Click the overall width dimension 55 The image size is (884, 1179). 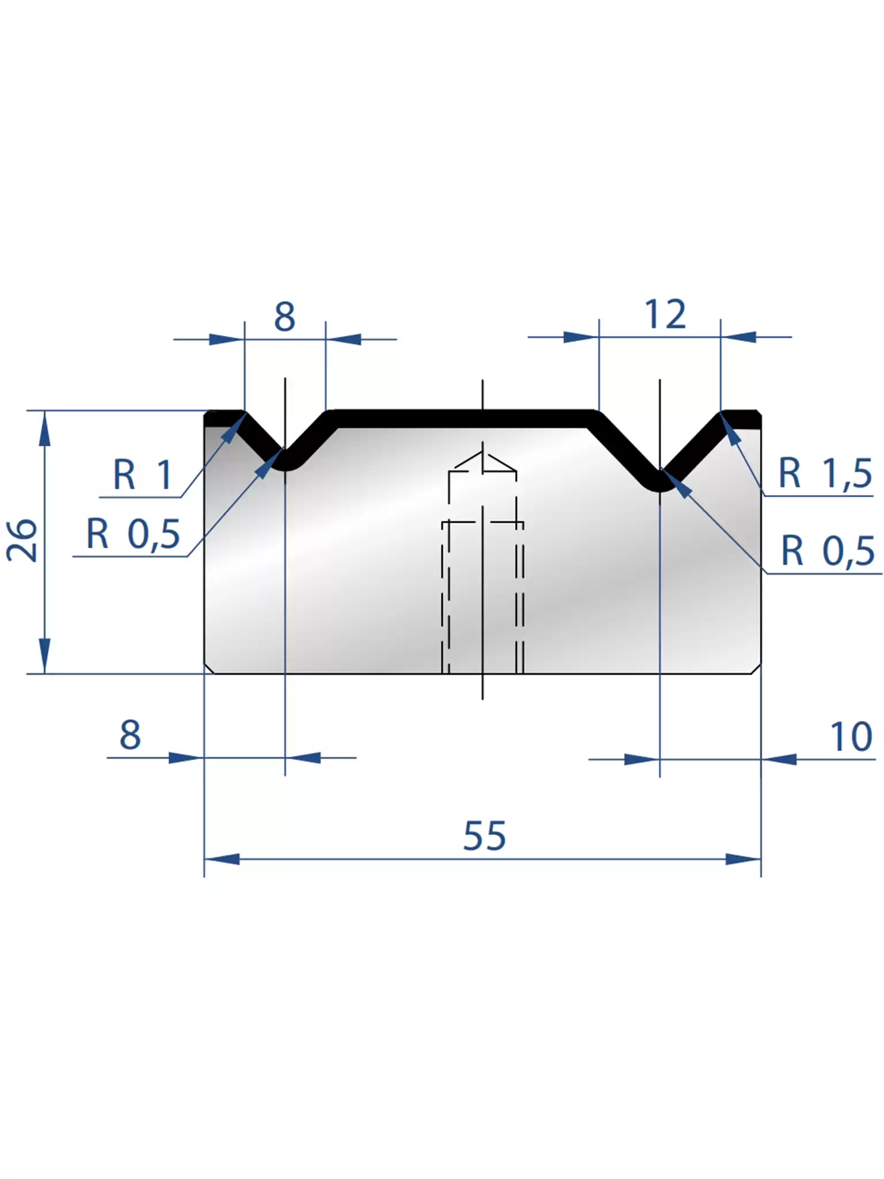(x=485, y=836)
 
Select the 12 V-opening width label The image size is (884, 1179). (x=665, y=314)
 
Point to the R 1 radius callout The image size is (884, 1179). (x=142, y=474)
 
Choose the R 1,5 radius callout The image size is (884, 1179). (x=825, y=473)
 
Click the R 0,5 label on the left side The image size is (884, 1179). (x=133, y=534)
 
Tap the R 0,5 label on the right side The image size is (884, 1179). (x=828, y=550)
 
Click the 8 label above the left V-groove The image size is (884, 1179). (x=285, y=317)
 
